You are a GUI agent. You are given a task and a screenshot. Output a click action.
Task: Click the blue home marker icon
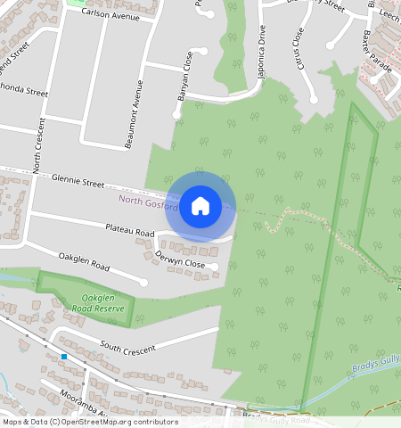coord(200,206)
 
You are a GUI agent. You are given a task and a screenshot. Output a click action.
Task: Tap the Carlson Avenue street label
coord(110,15)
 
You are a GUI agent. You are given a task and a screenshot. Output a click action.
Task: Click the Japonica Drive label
coord(261,53)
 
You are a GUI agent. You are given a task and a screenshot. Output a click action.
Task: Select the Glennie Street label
coord(78,181)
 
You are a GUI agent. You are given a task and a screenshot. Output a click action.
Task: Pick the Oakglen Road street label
coord(84,264)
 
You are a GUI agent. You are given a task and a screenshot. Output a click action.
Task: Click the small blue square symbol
coord(65,357)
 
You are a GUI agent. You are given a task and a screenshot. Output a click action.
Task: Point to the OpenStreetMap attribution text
coord(89,422)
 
